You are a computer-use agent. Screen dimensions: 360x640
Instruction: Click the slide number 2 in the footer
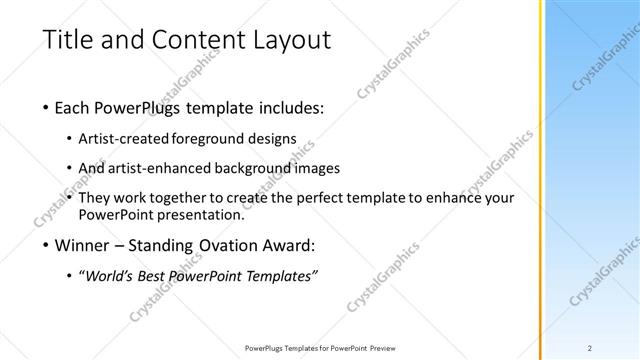click(591, 347)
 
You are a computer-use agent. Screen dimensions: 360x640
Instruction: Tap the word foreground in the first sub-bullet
click(211, 138)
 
